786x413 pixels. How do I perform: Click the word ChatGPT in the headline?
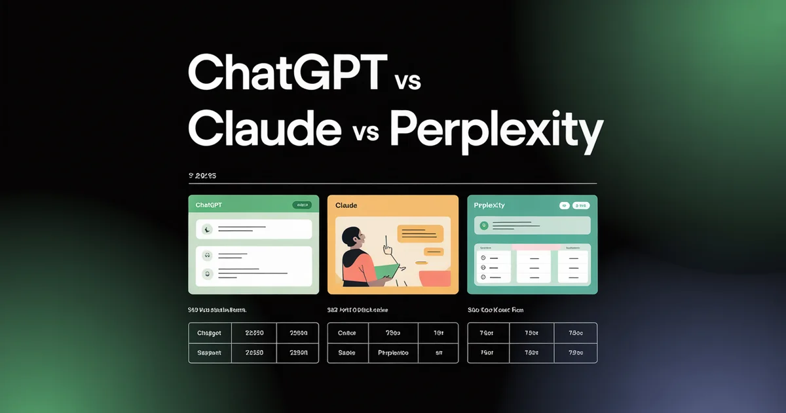coord(285,73)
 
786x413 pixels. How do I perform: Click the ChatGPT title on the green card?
coord(209,205)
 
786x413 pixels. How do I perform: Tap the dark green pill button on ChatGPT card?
coord(302,205)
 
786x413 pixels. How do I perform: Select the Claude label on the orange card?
coord(346,205)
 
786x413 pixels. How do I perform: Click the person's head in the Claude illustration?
coord(352,237)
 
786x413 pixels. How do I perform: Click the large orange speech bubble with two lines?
coord(420,233)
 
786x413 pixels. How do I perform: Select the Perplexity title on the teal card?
coord(489,205)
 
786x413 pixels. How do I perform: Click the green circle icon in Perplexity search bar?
coord(484,226)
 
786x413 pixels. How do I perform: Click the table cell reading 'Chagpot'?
coord(210,333)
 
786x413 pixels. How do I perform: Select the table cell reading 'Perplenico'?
coord(393,353)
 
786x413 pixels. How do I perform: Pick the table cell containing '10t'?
coord(438,333)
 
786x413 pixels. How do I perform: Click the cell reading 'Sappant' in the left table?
coord(210,353)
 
